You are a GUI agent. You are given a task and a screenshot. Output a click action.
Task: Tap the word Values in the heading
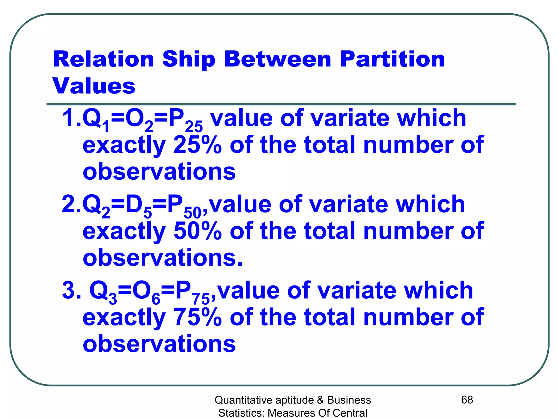[x=94, y=86]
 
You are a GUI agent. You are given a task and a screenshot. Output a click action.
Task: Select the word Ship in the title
[x=189, y=60]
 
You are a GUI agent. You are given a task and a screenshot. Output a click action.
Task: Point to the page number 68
[x=467, y=400]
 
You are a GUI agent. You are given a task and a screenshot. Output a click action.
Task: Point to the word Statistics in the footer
[x=241, y=413]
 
